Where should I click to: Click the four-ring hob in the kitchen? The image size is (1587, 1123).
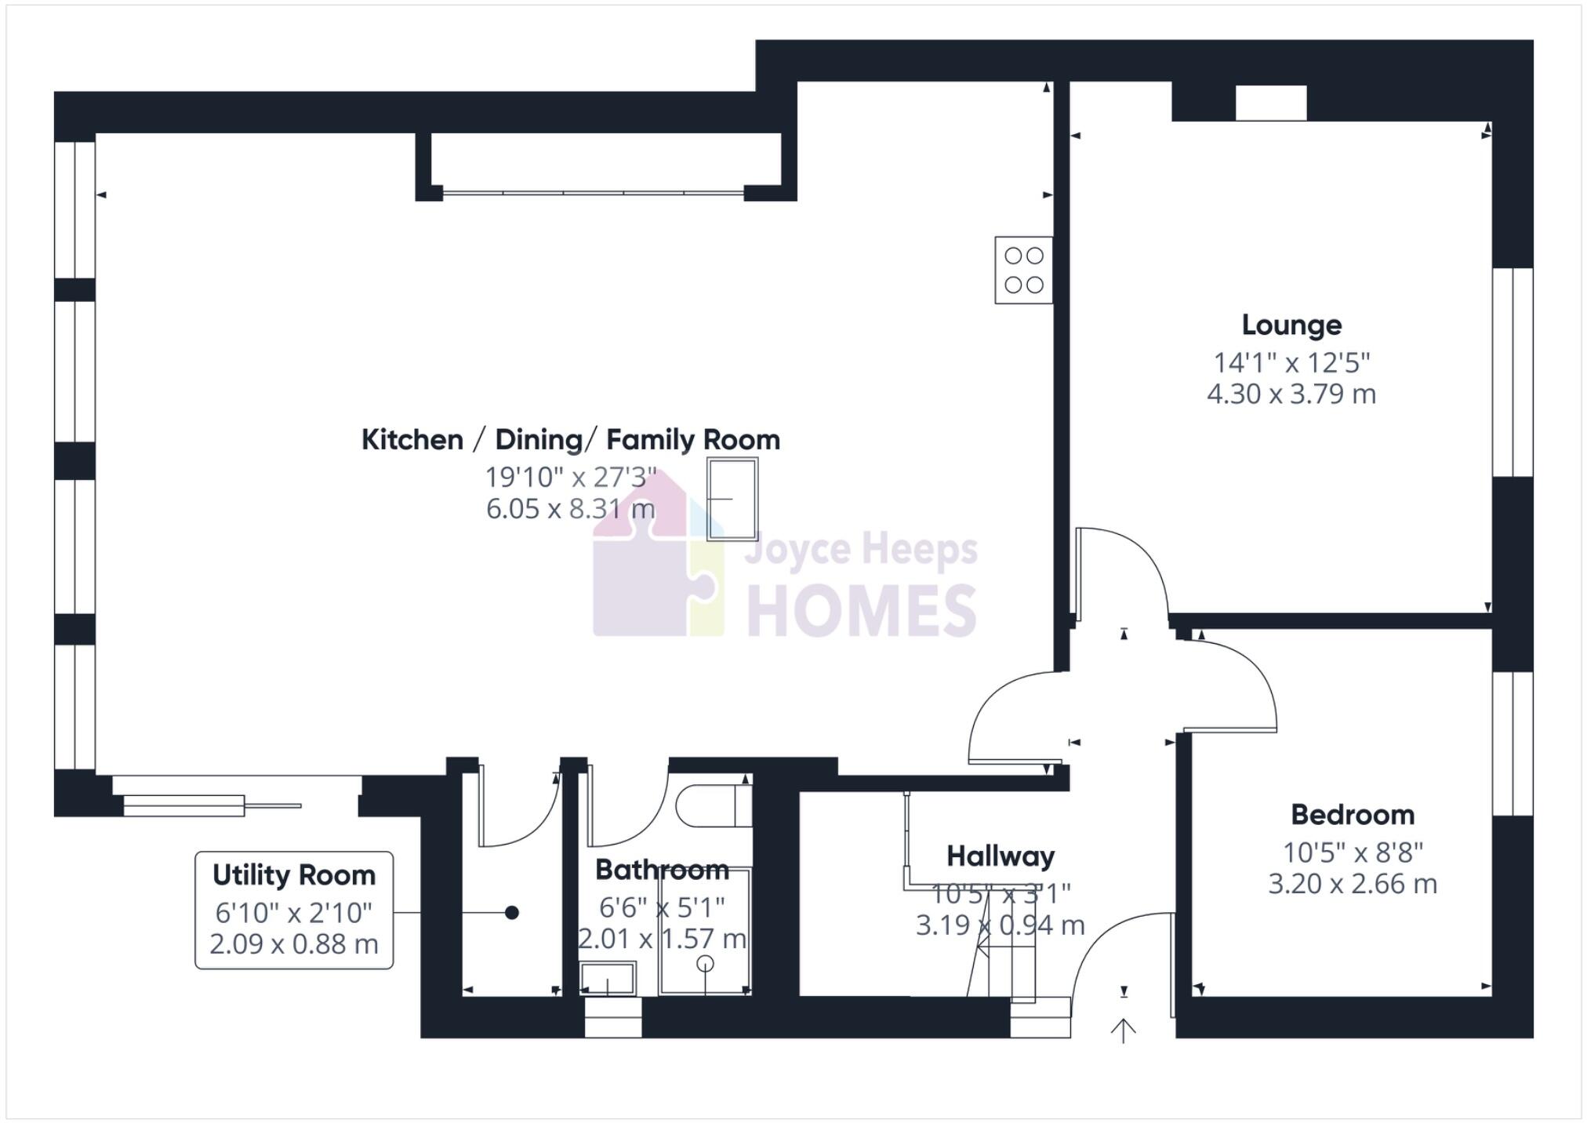1023,270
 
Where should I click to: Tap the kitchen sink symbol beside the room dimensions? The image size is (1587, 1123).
732,499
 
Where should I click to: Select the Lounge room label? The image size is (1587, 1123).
1291,325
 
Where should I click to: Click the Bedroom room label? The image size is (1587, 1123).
1352,815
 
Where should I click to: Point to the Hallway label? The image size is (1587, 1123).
1000,856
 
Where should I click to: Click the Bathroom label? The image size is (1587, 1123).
661,870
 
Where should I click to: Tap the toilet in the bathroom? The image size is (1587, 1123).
712,806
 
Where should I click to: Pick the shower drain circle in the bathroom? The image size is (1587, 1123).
705,964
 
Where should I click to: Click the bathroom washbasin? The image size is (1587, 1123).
607,978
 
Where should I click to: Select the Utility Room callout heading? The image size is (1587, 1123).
293,875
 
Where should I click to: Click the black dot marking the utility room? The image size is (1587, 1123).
511,912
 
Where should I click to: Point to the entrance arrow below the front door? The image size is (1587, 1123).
1123,1030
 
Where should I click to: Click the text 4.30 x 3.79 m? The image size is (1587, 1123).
1291,394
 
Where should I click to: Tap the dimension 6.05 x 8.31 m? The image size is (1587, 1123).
570,509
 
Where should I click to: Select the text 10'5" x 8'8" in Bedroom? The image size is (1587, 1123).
1352,852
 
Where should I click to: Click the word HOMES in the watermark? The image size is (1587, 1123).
860,612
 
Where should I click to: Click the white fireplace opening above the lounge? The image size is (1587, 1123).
1270,103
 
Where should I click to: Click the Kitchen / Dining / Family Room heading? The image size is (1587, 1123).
570,440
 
